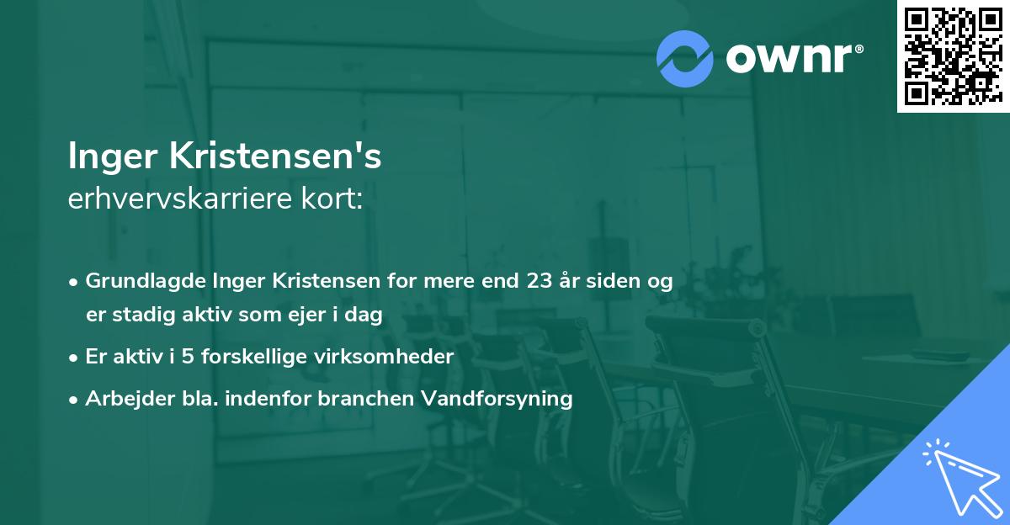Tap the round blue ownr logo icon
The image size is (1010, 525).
pos(685,59)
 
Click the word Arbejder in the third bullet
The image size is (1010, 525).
pos(122,399)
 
